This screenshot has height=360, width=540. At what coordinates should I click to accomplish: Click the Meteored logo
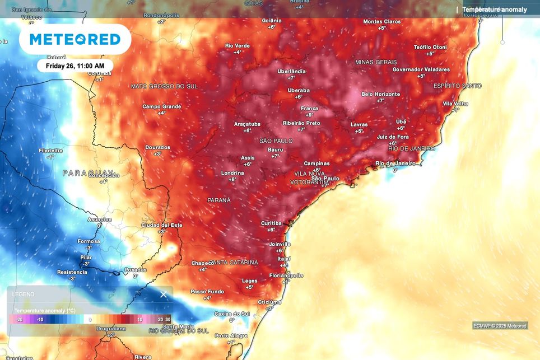(75, 39)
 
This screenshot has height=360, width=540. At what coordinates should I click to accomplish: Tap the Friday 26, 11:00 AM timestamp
(75, 66)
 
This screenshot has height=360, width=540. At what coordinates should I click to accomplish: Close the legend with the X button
(164, 294)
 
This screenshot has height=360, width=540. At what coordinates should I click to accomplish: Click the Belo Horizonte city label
(380, 94)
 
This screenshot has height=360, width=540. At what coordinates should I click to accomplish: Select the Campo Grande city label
(162, 106)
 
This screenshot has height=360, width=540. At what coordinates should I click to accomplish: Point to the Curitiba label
(271, 223)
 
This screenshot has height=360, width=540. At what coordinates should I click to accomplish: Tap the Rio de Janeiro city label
(395, 163)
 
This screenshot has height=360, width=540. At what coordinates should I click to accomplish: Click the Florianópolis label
(286, 275)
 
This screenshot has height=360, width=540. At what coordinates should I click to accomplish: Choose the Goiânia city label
(272, 21)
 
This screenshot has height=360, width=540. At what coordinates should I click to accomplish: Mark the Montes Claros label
(382, 22)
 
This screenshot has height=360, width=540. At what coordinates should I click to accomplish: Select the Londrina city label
(232, 173)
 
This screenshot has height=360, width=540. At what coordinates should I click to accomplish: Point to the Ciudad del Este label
(162, 225)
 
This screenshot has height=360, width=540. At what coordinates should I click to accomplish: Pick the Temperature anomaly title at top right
(495, 10)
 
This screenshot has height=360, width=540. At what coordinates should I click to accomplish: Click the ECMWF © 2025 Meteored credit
(500, 326)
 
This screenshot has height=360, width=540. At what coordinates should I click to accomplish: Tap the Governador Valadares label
(421, 69)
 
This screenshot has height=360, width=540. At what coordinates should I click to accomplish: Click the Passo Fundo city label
(207, 292)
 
